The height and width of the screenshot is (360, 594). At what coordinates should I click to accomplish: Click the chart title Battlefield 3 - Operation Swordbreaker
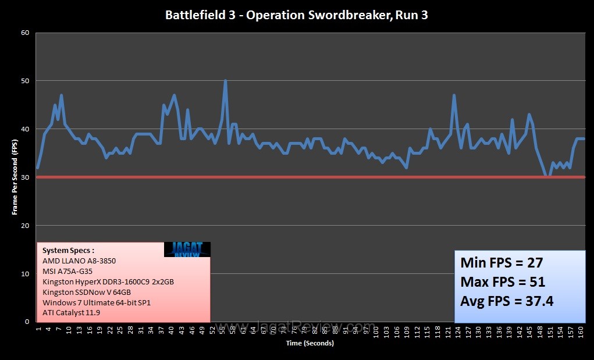coord(297,15)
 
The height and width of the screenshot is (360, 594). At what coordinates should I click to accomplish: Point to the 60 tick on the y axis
coord(25,33)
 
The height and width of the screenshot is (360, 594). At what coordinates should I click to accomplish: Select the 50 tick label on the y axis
coord(25,81)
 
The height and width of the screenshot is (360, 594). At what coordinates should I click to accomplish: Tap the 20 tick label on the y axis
coord(25,226)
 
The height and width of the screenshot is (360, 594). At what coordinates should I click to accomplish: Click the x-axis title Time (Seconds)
coord(310,343)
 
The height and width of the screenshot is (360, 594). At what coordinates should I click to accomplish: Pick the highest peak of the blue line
coord(225,81)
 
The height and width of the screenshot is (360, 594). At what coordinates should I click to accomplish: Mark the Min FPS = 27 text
coord(501,262)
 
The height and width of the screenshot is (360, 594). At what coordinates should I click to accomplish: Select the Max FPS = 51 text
coord(503,282)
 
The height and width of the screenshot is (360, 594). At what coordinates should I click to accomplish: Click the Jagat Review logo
coord(187,249)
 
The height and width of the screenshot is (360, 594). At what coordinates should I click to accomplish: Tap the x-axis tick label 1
coord(38,329)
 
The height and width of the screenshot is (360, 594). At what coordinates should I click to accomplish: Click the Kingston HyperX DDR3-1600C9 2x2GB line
coord(108,281)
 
